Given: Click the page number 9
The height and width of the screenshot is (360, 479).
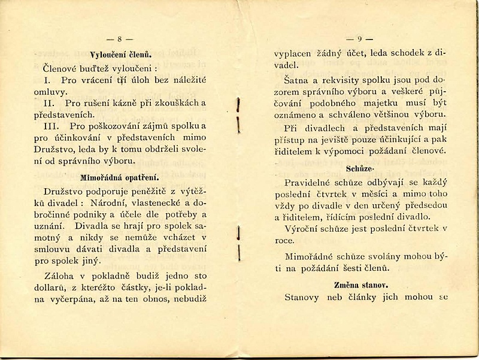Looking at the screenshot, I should pos(360,40).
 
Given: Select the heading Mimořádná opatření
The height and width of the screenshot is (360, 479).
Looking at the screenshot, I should pos(120,177).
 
